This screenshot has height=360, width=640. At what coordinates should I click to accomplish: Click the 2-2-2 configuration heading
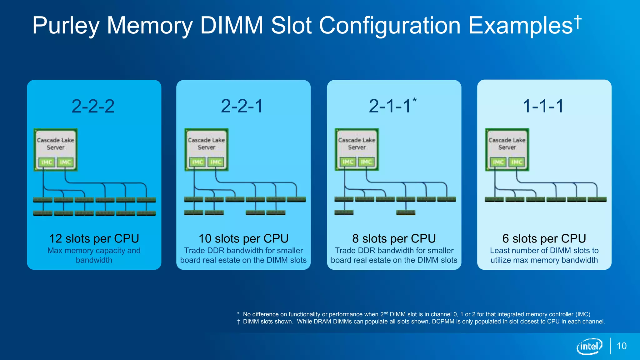(93, 106)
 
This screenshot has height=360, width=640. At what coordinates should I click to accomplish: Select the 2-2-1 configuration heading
(242, 106)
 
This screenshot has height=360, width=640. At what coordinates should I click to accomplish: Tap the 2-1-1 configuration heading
(390, 106)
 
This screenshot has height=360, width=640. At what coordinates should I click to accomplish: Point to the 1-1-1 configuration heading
(543, 106)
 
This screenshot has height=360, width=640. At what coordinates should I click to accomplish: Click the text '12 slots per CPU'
(94, 238)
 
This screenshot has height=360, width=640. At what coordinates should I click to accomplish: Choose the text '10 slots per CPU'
(243, 238)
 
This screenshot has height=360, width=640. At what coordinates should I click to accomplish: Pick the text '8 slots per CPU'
(394, 238)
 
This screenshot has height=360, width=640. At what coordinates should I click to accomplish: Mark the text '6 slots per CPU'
(544, 238)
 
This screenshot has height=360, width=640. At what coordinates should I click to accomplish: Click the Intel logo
(589, 346)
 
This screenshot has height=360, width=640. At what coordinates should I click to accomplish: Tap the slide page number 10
(622, 346)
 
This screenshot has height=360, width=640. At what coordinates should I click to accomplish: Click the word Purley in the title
(66, 26)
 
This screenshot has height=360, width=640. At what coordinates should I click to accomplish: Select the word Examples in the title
(521, 26)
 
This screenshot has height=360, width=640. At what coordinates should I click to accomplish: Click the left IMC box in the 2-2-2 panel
(47, 162)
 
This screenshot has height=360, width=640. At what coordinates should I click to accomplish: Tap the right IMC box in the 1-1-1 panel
(517, 162)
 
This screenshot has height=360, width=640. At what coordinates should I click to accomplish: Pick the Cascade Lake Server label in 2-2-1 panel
(206, 144)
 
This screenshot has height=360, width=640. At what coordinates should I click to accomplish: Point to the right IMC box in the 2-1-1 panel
(366, 162)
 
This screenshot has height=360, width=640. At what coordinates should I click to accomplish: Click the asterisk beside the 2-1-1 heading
(414, 100)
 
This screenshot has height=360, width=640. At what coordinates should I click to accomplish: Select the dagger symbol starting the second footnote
(239, 322)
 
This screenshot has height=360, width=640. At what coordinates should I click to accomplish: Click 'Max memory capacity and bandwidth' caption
(94, 255)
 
